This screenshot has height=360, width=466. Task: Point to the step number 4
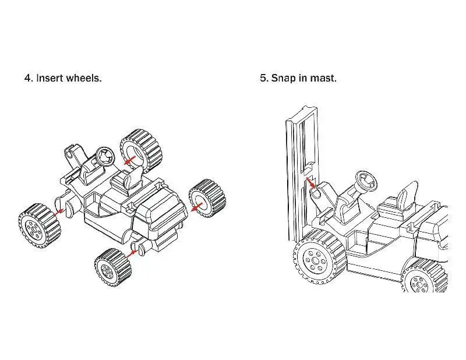coord(27,77)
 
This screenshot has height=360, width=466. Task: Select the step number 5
coord(263,77)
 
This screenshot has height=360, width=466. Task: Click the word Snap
coord(283,77)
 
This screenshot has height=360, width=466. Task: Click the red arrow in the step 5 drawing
coord(312,186)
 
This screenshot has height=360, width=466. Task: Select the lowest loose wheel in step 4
coord(112,266)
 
